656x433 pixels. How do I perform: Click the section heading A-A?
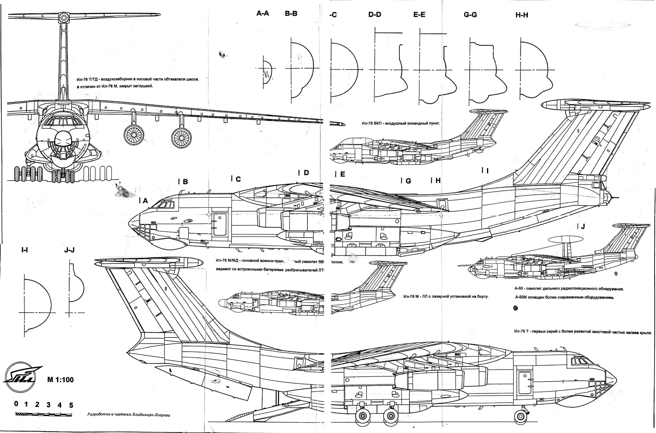(x=262, y=13)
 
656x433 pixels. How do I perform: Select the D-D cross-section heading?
(x=374, y=15)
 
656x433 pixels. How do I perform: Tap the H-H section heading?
(x=522, y=15)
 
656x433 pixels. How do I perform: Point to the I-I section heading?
(x=25, y=250)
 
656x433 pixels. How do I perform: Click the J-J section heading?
(x=69, y=250)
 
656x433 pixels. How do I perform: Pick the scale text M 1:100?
(x=60, y=380)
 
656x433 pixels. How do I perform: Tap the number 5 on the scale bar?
(x=71, y=405)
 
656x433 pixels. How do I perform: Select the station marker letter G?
(x=408, y=181)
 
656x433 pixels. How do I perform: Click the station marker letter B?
(x=185, y=182)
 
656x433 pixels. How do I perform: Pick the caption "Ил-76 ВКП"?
(x=401, y=123)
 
